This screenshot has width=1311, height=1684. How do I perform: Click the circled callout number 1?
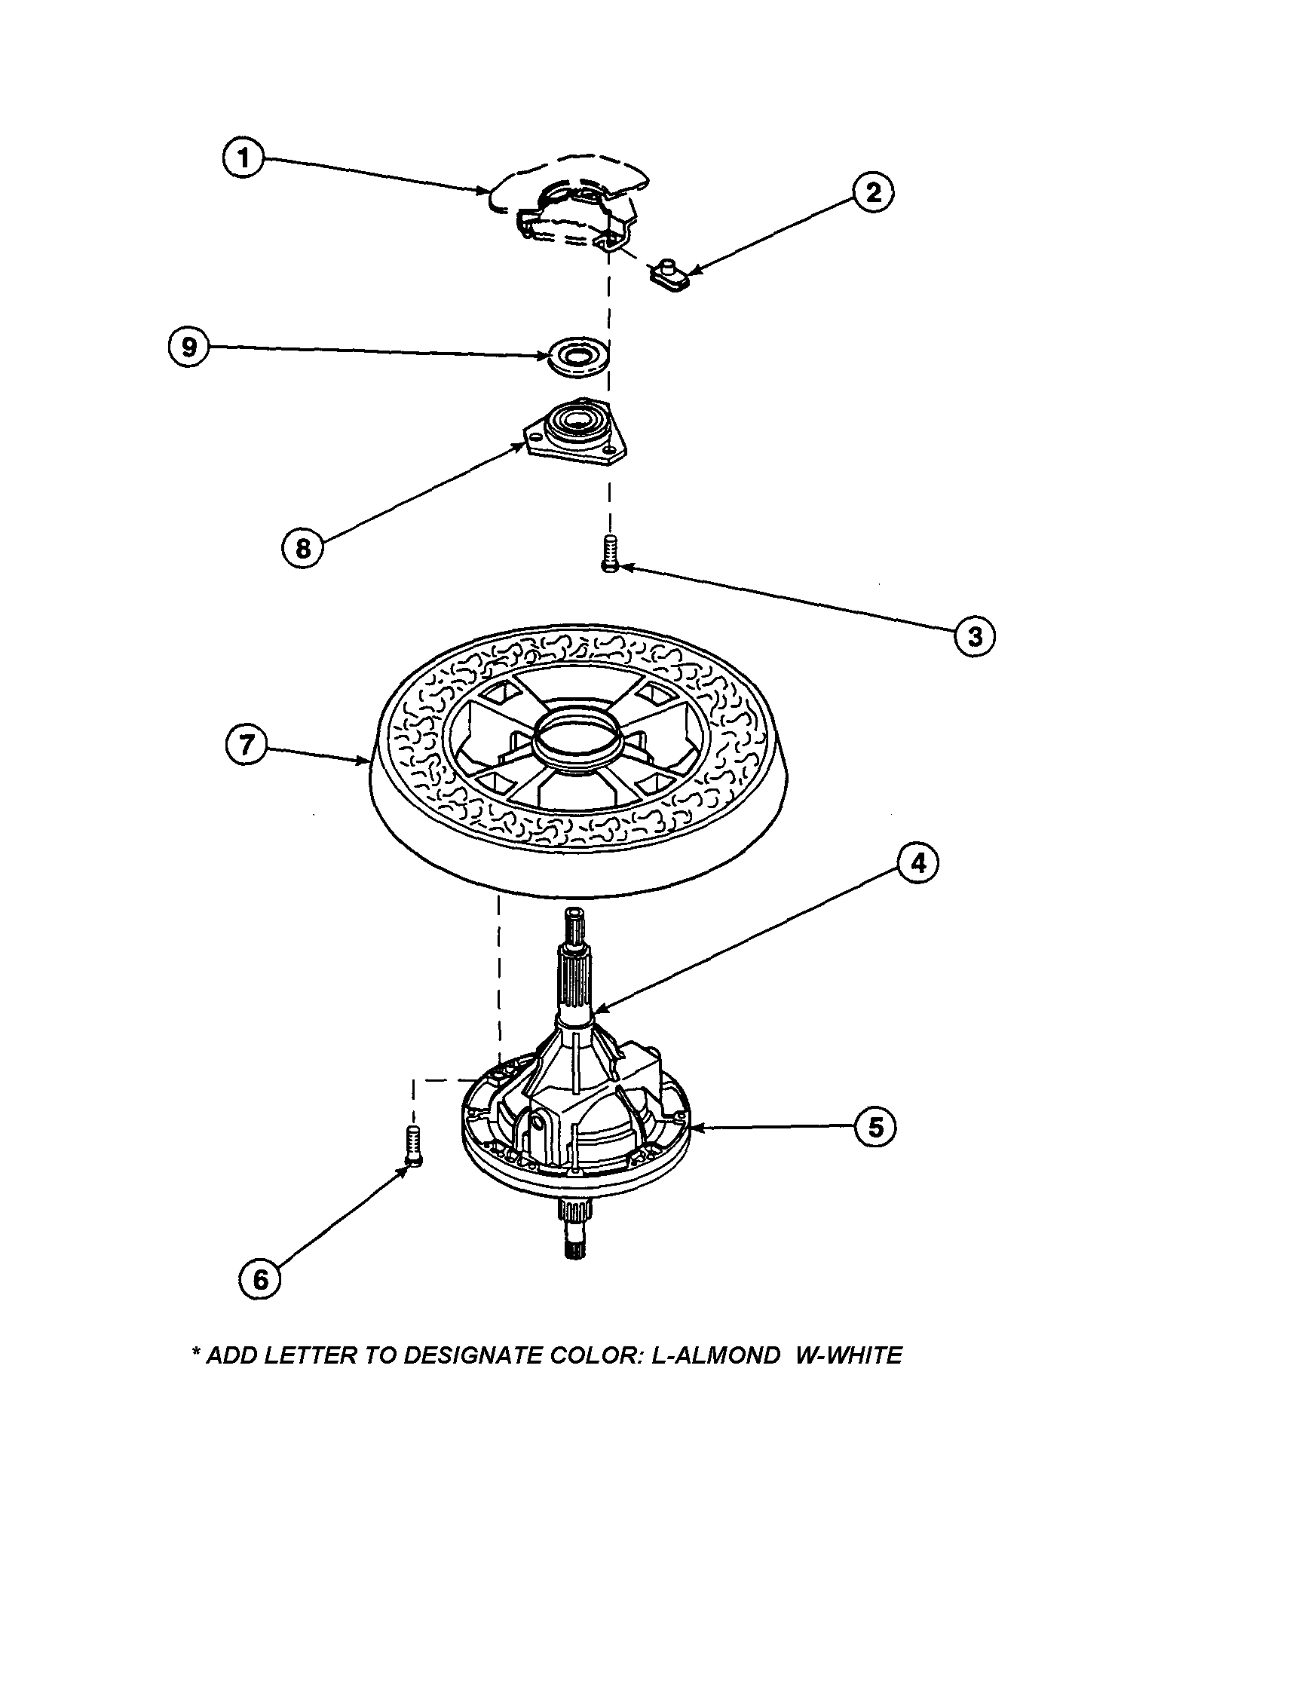(x=243, y=159)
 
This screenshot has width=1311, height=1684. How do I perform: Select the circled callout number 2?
(x=873, y=191)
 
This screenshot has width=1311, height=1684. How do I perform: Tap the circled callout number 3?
(x=974, y=636)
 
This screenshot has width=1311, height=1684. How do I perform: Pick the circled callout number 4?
(x=917, y=864)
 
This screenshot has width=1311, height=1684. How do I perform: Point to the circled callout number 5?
(x=875, y=1127)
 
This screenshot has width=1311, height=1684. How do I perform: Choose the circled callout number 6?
(x=260, y=1280)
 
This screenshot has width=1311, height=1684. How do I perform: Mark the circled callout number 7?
(x=246, y=746)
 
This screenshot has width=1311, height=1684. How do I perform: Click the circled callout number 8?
(x=302, y=548)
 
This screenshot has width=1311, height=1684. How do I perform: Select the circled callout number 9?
(x=189, y=347)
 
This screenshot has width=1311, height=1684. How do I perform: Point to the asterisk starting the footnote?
(x=196, y=1352)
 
